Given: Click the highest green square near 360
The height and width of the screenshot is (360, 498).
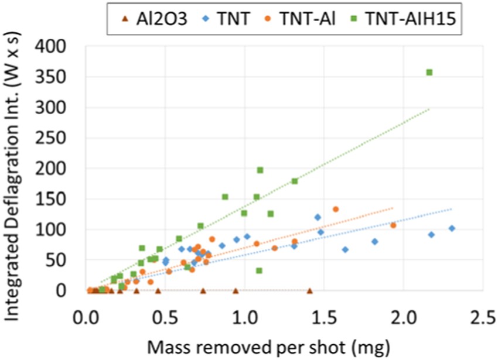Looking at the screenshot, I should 429,72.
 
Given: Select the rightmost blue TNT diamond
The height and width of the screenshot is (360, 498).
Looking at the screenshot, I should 451,228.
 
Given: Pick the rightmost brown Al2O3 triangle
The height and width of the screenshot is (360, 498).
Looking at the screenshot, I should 309,290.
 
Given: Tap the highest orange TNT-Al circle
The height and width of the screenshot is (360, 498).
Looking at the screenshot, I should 336,209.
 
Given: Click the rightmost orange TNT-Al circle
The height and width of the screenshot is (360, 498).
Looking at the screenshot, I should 393,225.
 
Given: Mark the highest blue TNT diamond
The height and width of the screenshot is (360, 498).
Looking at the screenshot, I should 318,217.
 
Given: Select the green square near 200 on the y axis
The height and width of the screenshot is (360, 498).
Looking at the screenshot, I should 260,170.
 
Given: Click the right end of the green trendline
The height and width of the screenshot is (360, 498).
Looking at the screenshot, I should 429,109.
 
